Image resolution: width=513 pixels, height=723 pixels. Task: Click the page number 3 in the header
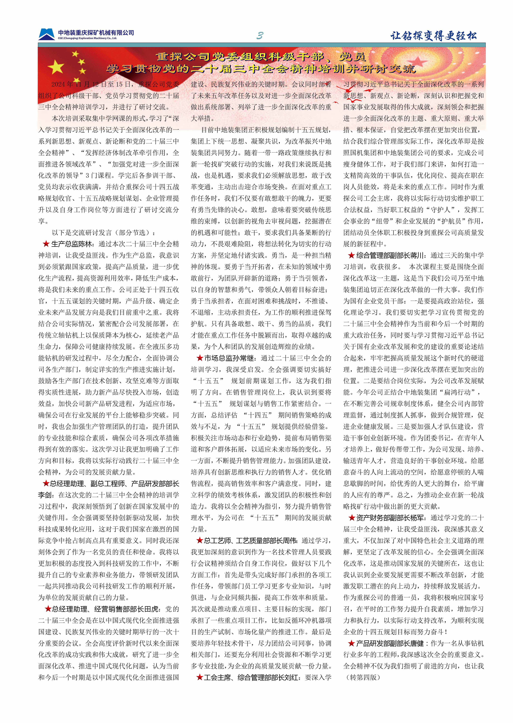point(260,36)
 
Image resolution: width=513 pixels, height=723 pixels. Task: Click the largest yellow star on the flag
point(56,67)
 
